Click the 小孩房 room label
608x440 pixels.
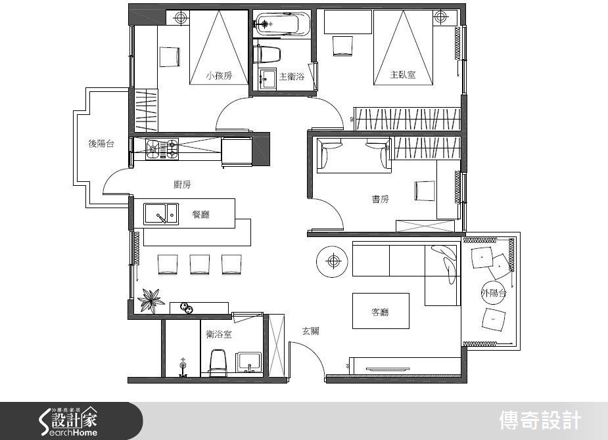point(219,76)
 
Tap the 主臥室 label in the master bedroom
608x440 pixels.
point(403,74)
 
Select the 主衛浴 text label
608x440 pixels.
point(292,76)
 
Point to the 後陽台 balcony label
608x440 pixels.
point(101,144)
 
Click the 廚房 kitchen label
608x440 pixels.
point(182,185)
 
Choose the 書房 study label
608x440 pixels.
point(380,199)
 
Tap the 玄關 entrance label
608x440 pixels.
point(311,331)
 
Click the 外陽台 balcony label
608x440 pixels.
point(494,293)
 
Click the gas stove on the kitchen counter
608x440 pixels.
point(162,149)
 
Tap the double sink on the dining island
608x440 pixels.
point(161,214)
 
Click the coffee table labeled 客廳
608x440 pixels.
point(381,311)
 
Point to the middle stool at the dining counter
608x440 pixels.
point(200,265)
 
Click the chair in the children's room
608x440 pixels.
point(170,56)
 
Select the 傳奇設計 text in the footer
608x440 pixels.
point(540,421)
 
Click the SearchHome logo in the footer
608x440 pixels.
point(68,422)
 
